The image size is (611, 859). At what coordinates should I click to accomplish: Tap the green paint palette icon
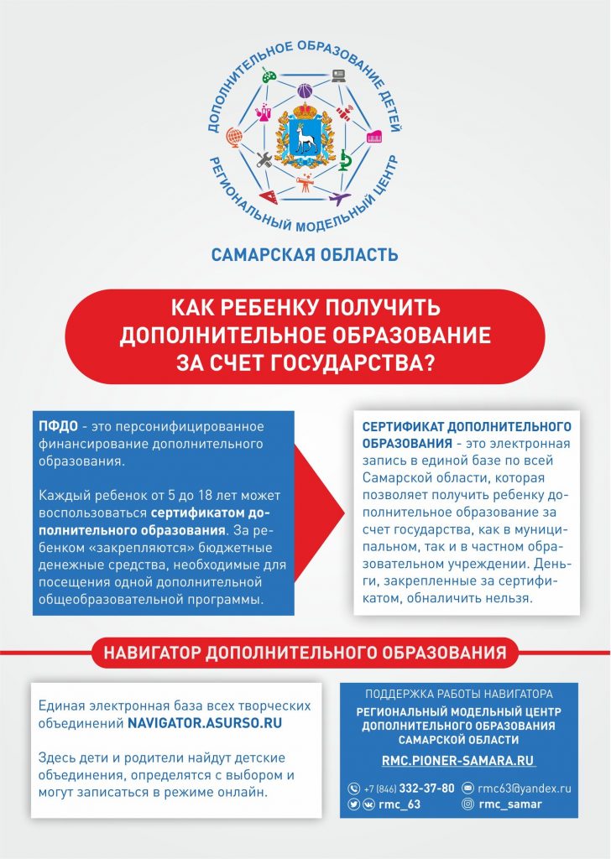pos(269,76)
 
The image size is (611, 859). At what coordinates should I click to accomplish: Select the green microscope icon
pos(343,159)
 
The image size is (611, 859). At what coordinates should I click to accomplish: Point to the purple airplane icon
pos(338,198)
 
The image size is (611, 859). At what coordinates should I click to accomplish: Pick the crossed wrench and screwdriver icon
pos(264,159)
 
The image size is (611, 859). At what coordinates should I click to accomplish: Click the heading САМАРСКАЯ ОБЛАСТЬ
pos(305,253)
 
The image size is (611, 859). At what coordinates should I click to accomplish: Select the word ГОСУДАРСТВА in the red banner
pos(362,359)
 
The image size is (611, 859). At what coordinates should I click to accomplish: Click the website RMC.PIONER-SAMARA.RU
pos(457,761)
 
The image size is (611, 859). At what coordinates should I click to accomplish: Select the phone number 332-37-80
pos(426,789)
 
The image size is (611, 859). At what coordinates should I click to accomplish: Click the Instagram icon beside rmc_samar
pos(467,804)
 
